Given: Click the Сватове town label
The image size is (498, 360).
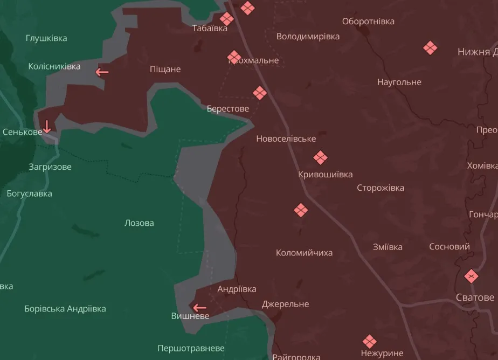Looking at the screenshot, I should coord(475,297).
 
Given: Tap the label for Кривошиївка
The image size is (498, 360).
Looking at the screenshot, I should coord(326,175).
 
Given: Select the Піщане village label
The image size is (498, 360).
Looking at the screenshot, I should coord(165,69).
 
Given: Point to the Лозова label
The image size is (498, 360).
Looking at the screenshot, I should coord(139,223).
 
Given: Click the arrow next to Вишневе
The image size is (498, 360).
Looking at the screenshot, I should coord(200,308).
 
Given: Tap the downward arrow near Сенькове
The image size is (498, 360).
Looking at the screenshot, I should coord(47,127).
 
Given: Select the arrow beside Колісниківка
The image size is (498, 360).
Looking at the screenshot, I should coord(102,72).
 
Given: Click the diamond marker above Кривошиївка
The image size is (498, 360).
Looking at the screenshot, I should coord(321,158).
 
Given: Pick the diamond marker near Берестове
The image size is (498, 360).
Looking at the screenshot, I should coord(260,93).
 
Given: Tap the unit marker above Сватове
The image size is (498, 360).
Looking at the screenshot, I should coord(472,276).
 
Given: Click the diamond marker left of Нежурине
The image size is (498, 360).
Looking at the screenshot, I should coord(369,341).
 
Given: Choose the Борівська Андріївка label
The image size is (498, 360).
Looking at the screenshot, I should coord(65,309).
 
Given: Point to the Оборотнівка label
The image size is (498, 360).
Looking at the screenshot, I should coord(368,22).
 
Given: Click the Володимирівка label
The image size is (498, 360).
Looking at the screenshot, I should coord(308,37).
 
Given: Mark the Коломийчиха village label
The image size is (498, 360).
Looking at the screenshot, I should coord(304,253).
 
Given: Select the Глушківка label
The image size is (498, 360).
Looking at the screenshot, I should coord(46,38).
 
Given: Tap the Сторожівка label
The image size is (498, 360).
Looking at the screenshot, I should coord(381,188).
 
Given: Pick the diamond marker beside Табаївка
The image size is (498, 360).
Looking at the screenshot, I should coord(227,19).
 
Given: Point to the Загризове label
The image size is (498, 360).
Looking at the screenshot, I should coord(50,167).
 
